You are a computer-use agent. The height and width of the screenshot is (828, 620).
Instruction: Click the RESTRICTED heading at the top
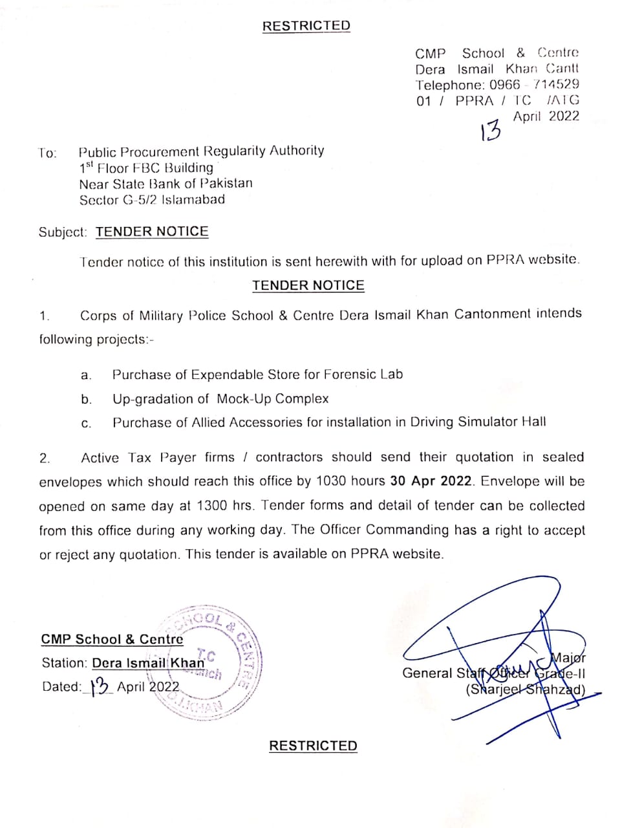coord(306,26)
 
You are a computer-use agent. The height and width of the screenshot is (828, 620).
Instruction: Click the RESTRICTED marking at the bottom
coord(313,745)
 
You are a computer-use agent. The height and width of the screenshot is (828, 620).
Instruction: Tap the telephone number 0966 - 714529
coord(534,84)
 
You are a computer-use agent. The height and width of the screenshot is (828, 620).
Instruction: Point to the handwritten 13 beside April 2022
coord(490,131)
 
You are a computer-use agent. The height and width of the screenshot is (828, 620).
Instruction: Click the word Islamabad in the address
coord(193,200)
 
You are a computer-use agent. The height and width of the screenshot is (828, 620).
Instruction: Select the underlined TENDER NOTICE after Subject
coord(152,232)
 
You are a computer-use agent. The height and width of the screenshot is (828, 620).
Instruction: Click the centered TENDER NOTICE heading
coord(308,285)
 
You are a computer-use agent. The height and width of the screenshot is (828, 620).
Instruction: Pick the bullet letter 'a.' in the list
coord(86,375)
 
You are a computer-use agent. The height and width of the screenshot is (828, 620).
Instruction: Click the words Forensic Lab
coord(363,374)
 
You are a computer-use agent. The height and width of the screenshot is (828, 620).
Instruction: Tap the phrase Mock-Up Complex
coord(273,398)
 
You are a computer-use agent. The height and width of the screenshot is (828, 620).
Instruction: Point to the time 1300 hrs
coord(226,505)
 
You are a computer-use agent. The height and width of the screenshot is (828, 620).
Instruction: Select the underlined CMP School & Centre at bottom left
coord(112,639)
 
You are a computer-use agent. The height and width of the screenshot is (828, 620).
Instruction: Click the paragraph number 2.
coord(44,459)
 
